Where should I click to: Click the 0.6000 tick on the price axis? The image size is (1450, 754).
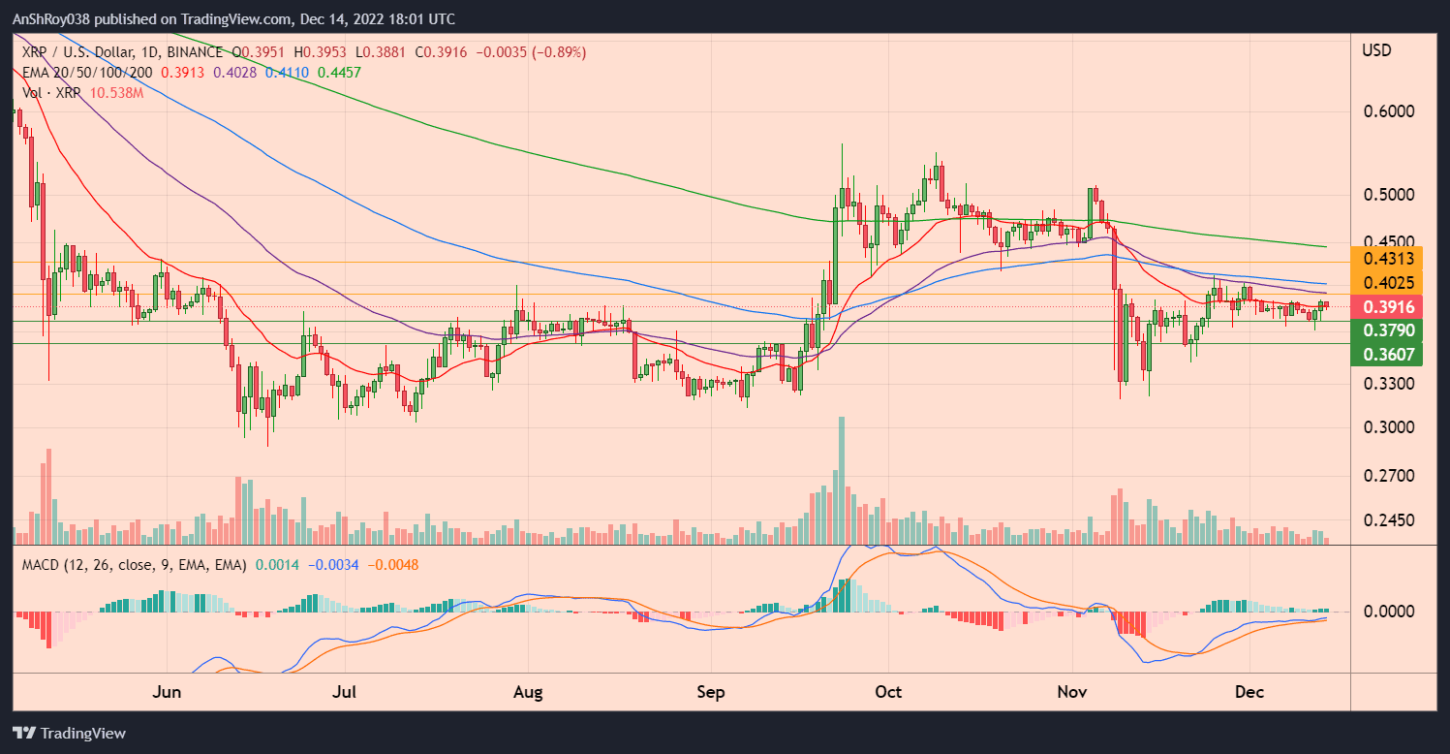click(x=1390, y=111)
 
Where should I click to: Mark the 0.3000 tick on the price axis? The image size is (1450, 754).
click(x=1390, y=427)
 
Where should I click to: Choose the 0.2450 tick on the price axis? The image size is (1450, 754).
click(x=1390, y=520)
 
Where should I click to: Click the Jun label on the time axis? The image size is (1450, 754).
click(x=168, y=693)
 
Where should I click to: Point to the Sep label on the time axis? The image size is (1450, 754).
click(x=711, y=693)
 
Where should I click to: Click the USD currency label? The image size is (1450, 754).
click(x=1376, y=49)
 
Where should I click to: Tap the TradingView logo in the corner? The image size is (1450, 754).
click(x=69, y=734)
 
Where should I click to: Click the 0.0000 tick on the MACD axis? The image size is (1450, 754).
click(x=1390, y=613)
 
